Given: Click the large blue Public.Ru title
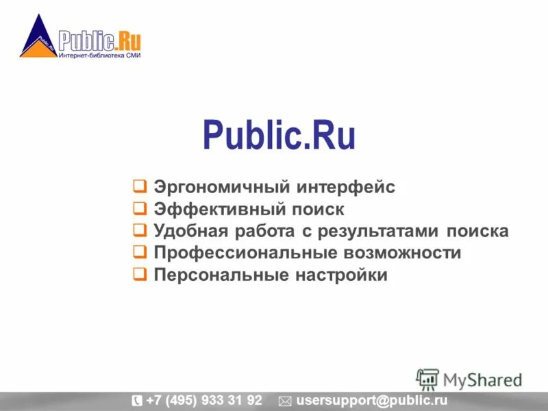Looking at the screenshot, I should (279, 136).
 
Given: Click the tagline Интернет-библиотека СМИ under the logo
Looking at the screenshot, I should (99, 56).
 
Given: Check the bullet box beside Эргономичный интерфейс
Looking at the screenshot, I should (139, 186).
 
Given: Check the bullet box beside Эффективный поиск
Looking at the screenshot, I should (139, 208).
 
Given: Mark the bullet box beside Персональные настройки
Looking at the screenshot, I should (139, 275).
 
